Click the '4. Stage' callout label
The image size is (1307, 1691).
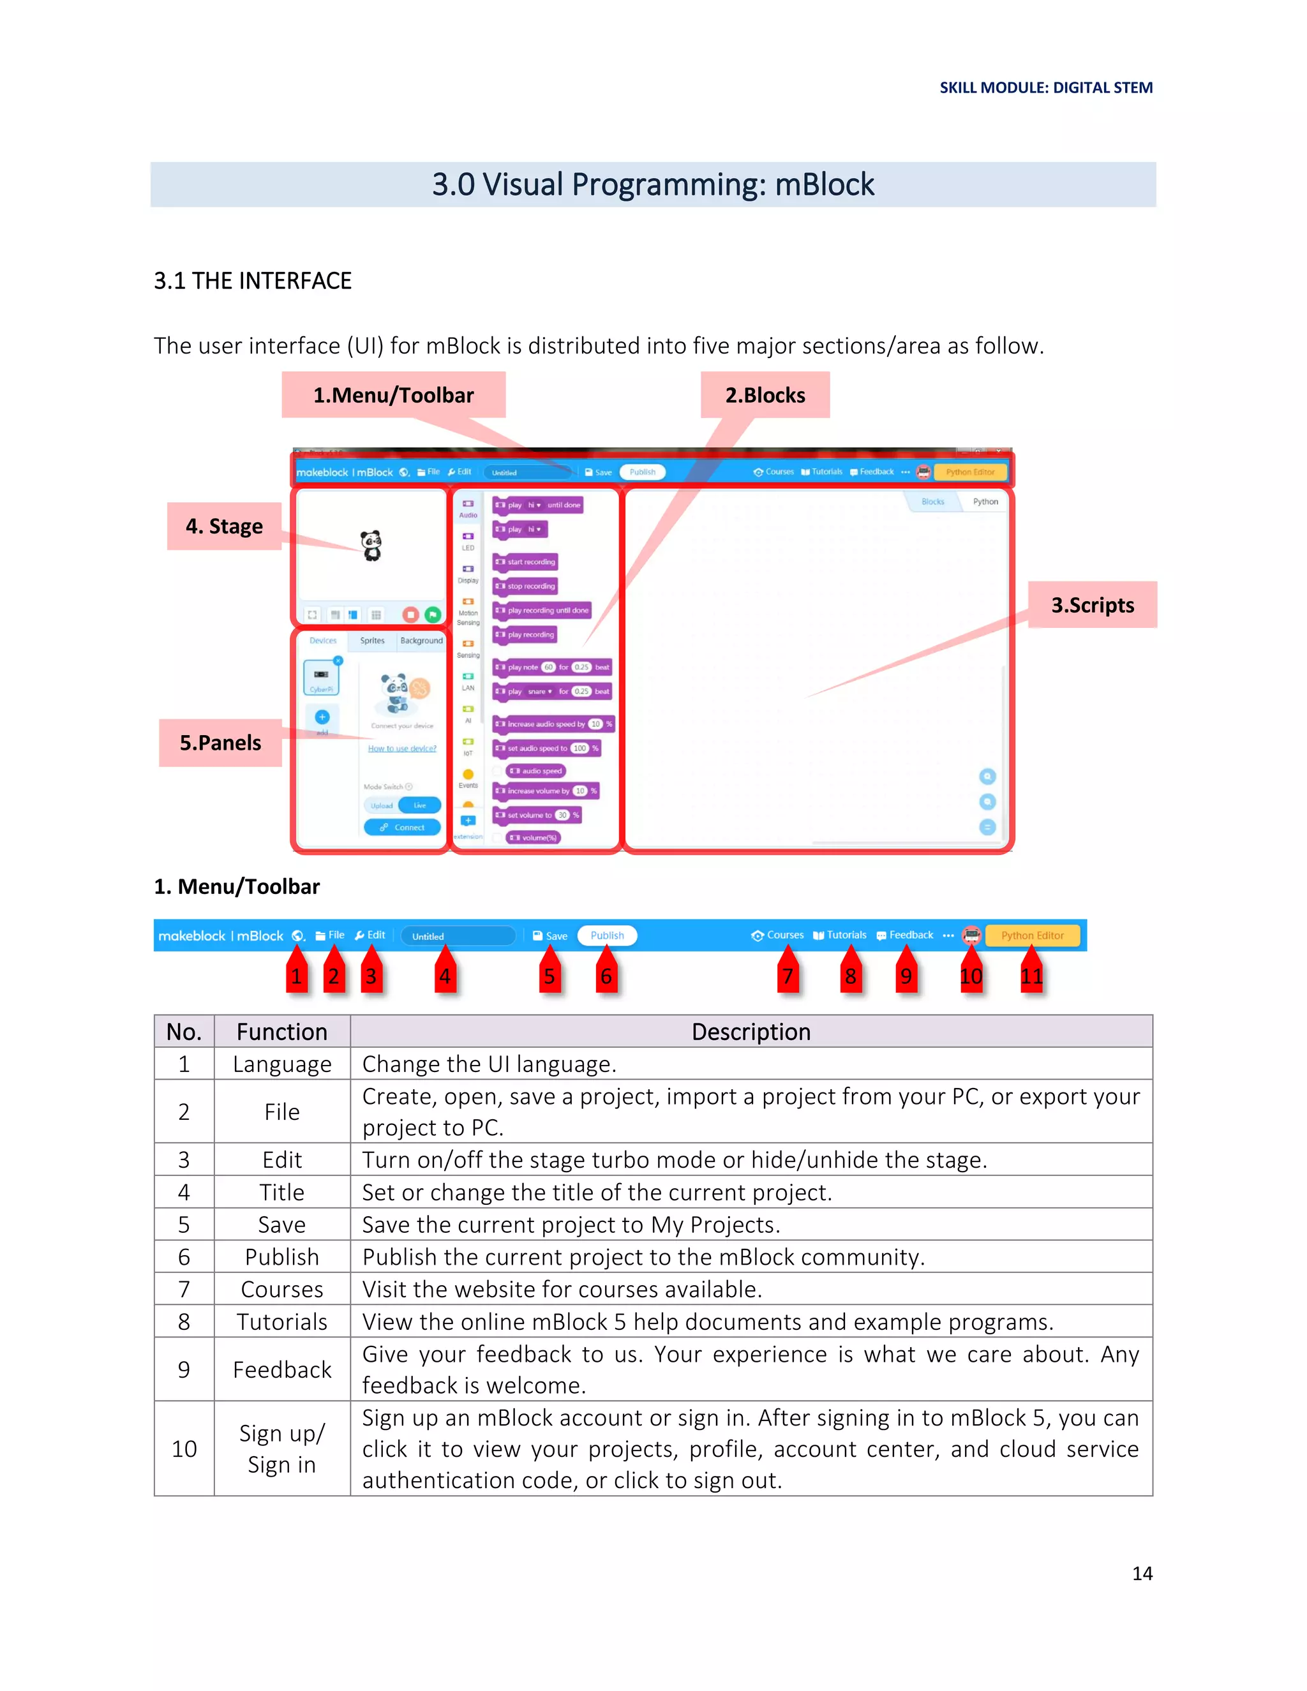(224, 526)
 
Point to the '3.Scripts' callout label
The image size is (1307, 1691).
(1092, 605)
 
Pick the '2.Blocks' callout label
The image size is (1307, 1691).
(765, 395)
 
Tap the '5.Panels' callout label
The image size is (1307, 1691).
(221, 743)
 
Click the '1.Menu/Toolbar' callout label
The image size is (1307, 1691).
(393, 395)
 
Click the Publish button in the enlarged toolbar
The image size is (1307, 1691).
(607, 935)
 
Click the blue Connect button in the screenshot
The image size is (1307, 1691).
(403, 828)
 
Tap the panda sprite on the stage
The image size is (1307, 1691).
(371, 546)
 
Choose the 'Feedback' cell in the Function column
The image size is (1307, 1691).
(282, 1369)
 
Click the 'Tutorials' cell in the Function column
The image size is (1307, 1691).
(282, 1322)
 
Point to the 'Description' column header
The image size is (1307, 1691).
(751, 1031)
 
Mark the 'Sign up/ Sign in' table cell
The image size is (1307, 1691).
(282, 1449)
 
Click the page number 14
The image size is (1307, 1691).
(1142, 1574)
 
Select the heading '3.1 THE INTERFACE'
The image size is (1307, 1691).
(253, 280)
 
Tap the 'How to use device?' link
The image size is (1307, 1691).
(402, 749)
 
